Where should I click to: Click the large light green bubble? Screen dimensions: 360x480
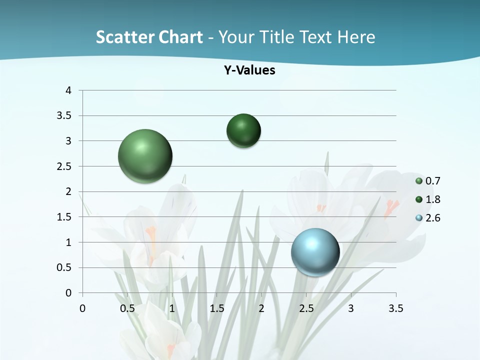click(145, 156)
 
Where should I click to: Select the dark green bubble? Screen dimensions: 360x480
click(243, 130)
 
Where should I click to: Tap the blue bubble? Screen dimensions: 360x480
click(315, 252)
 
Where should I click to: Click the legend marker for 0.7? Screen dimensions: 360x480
click(419, 181)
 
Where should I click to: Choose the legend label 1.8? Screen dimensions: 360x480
click(433, 199)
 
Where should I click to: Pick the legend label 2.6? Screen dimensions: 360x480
click(433, 218)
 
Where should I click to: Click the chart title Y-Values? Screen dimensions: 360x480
click(249, 70)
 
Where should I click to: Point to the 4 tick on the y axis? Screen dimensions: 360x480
click(69, 90)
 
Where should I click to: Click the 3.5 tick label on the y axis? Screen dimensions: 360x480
click(65, 115)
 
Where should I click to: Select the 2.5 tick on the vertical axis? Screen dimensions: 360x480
click(65, 166)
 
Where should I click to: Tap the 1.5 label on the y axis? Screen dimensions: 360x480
click(65, 217)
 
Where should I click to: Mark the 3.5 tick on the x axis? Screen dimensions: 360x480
click(395, 308)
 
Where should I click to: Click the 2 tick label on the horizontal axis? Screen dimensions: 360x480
click(261, 308)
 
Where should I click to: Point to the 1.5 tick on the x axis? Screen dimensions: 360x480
click(216, 308)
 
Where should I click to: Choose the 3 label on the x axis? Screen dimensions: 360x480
click(351, 308)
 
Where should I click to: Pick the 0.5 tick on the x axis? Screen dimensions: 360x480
click(127, 308)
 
